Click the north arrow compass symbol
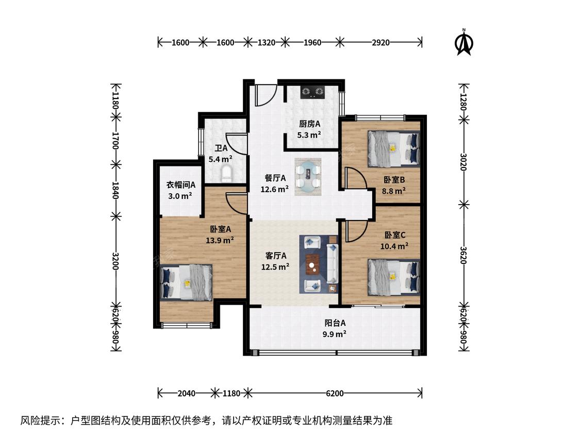pyautogui.click(x=464, y=43)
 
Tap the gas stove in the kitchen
pyautogui.click(x=312, y=92)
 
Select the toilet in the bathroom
pyautogui.click(x=226, y=174)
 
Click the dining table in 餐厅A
pyautogui.click(x=308, y=177)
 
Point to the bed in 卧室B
pyautogui.click(x=393, y=148)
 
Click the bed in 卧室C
pyautogui.click(x=393, y=277)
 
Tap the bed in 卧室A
pyautogui.click(x=187, y=282)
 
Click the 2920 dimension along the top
pyautogui.click(x=380, y=43)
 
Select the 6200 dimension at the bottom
pyautogui.click(x=335, y=393)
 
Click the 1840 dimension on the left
pyautogui.click(x=115, y=190)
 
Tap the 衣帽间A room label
pyautogui.click(x=180, y=185)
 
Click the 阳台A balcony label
pyautogui.click(x=335, y=323)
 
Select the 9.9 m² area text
pyautogui.click(x=335, y=334)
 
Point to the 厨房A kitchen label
pyautogui.click(x=310, y=124)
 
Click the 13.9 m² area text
pyautogui.click(x=220, y=240)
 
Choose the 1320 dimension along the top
pyautogui.click(x=267, y=43)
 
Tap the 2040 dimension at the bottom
pyautogui.click(x=187, y=393)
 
